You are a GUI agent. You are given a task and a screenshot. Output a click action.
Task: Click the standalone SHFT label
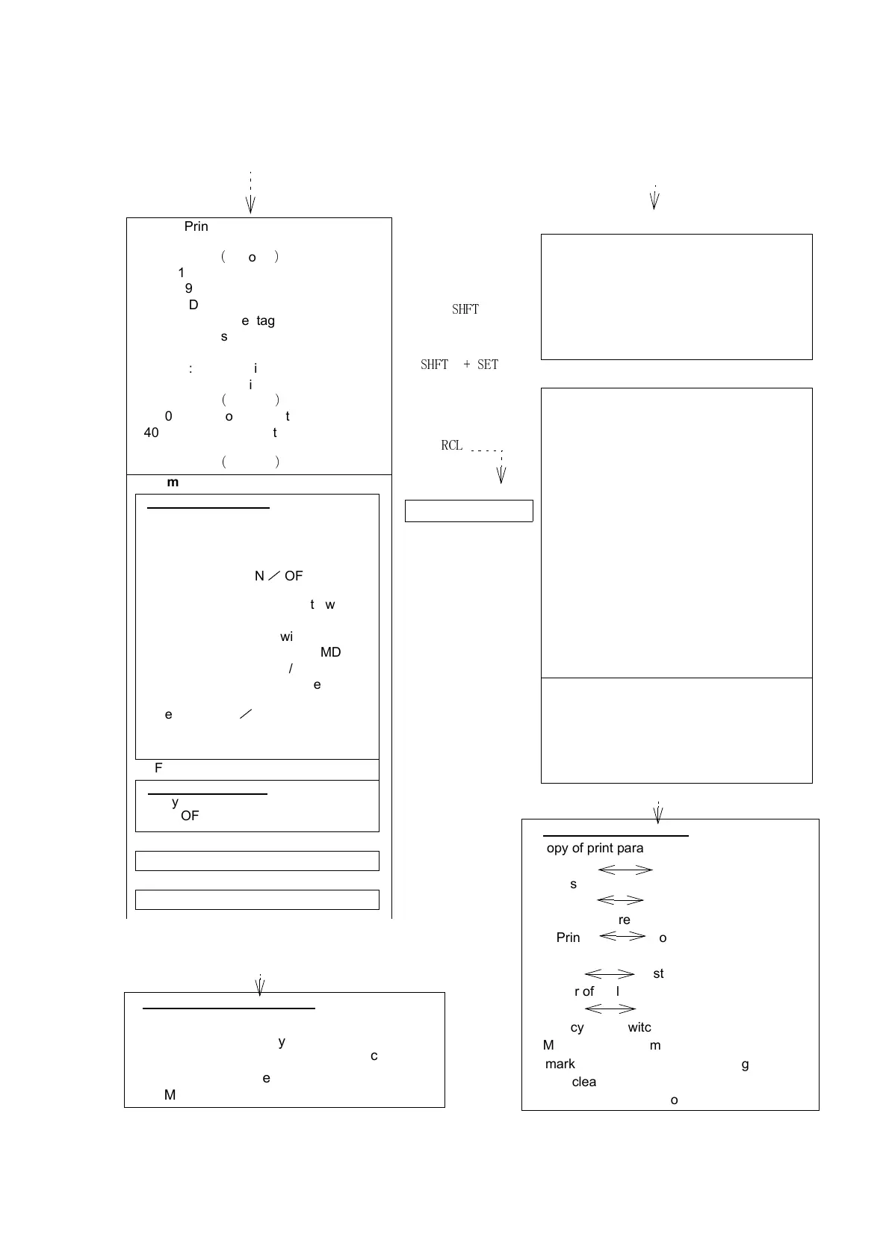pyautogui.click(x=465, y=309)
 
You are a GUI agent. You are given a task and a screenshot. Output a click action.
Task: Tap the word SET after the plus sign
pyautogui.click(x=488, y=365)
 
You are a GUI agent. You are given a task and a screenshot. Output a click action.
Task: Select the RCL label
pyautogui.click(x=452, y=445)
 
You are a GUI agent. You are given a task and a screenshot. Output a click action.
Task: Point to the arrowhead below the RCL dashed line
pyautogui.click(x=501, y=475)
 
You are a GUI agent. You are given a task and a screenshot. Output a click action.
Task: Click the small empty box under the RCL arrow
pyautogui.click(x=468, y=511)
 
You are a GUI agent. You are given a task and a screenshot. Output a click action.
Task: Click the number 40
pyautogui.click(x=151, y=433)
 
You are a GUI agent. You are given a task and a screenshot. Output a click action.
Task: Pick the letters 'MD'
pyautogui.click(x=330, y=652)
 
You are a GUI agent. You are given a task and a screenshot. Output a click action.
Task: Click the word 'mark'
pyautogui.click(x=560, y=1064)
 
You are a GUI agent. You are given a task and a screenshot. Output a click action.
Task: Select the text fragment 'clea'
pyautogui.click(x=583, y=1082)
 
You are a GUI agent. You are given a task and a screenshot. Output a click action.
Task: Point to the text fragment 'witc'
pyautogui.click(x=639, y=1027)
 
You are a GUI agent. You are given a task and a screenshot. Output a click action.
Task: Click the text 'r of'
pyautogui.click(x=584, y=991)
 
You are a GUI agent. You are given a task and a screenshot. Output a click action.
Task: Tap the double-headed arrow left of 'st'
pyautogui.click(x=610, y=973)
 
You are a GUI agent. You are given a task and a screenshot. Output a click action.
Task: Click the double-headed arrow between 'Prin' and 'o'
pyautogui.click(x=622, y=936)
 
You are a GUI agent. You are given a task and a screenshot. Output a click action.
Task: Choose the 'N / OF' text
pyautogui.click(x=279, y=576)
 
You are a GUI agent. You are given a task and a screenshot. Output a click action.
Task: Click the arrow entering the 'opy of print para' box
pyautogui.click(x=658, y=814)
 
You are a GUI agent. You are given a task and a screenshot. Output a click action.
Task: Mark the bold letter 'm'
pyautogui.click(x=173, y=483)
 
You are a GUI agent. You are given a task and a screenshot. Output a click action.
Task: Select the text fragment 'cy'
pyautogui.click(x=577, y=1027)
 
